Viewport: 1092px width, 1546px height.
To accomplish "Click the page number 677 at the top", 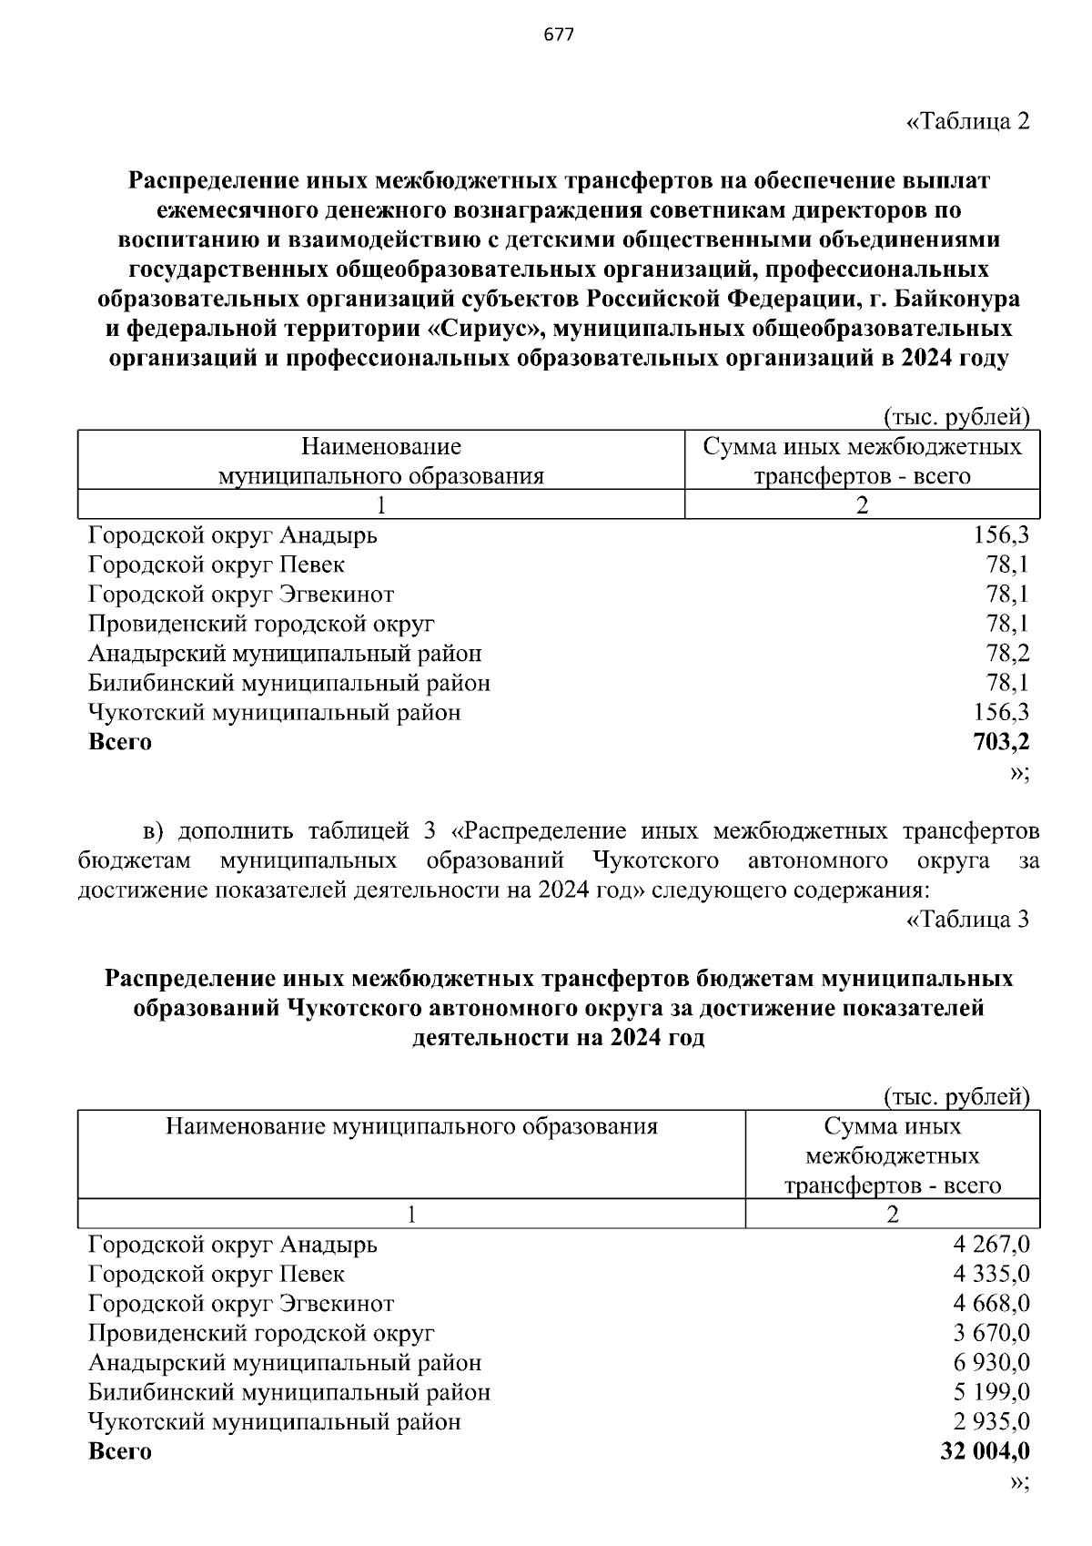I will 558,36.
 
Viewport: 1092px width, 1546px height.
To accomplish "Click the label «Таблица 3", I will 967,920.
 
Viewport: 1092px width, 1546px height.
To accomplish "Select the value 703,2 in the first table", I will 1001,742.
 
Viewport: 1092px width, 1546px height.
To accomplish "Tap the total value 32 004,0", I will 985,1451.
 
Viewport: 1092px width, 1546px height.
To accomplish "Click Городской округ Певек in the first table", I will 217,564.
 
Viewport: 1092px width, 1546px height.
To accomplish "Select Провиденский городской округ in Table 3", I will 261,1334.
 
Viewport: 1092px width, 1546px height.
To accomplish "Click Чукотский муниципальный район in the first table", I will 275,713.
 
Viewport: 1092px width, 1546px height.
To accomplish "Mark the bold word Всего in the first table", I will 120,742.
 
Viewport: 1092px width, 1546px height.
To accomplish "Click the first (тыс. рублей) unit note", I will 955,418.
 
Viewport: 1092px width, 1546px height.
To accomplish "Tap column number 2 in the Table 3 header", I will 892,1215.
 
